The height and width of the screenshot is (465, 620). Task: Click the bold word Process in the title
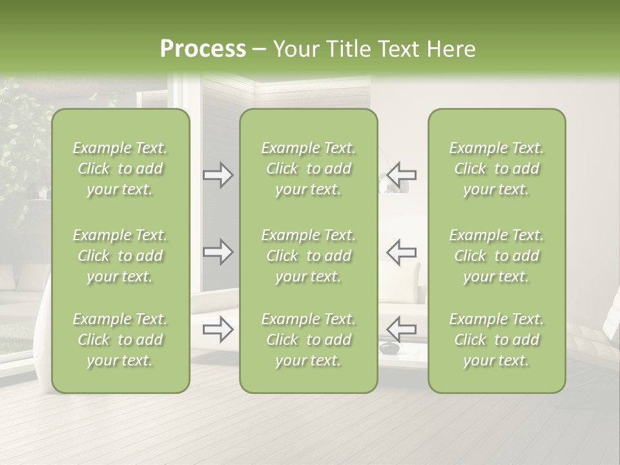pos(203,49)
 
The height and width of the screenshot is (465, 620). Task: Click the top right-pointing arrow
pos(218,175)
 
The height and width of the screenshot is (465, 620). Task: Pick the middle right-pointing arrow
pos(218,252)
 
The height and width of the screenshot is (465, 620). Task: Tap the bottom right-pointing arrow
pos(218,329)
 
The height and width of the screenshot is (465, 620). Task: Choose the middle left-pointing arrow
pos(401,252)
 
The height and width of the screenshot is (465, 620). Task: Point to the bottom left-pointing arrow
pos(401,329)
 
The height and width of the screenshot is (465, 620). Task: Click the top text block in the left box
pos(120,169)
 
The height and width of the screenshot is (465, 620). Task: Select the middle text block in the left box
pos(120,256)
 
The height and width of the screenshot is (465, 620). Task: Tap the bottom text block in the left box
pos(120,340)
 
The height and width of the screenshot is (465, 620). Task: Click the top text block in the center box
pos(309,169)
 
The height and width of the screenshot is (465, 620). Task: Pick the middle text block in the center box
pos(309,256)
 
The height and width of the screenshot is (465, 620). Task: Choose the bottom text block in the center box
pos(309,340)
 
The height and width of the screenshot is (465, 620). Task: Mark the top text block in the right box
pos(497,169)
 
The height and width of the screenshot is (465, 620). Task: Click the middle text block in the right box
pos(497,256)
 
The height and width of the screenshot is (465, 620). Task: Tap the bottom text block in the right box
pos(497,340)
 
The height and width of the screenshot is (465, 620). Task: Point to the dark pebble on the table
pos(389,349)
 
